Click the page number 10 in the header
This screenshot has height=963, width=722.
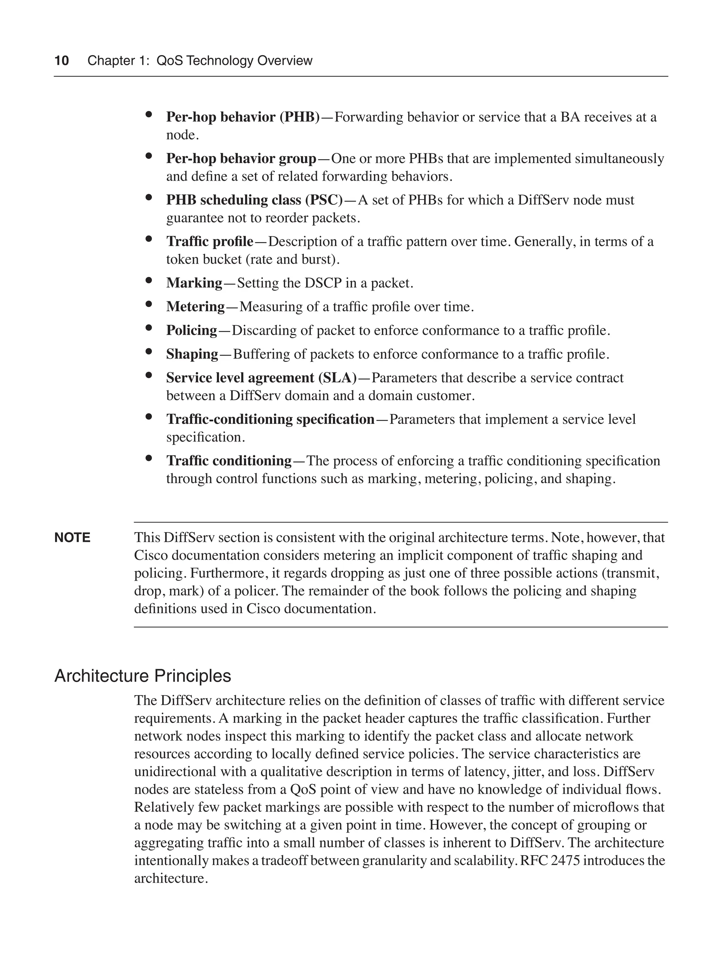61,61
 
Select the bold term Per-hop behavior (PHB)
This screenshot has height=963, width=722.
243,117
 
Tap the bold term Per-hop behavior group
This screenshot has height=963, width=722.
241,159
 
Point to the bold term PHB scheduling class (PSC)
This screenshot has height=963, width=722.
254,200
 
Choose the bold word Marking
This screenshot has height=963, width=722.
194,283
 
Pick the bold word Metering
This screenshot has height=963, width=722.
195,307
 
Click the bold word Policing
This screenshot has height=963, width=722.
191,331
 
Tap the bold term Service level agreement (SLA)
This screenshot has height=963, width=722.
261,378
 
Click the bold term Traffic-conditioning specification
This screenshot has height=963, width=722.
270,419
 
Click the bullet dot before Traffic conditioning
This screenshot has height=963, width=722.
149,458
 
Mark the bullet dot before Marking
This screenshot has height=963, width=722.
149,280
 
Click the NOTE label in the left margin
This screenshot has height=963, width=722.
72,538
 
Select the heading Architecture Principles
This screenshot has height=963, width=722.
142,676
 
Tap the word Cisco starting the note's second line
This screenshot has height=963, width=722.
148,556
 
